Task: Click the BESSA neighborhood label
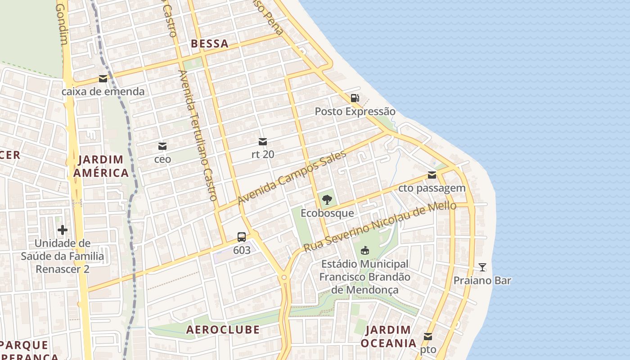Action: click(210, 44)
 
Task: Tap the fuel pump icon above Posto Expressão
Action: click(355, 98)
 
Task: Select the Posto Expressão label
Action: click(355, 111)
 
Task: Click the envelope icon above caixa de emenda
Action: click(103, 79)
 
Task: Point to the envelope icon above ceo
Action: click(162, 146)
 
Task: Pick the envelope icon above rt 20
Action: click(263, 142)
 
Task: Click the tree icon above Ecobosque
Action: click(327, 199)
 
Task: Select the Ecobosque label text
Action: click(327, 213)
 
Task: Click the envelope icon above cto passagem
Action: click(432, 175)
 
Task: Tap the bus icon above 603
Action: click(242, 237)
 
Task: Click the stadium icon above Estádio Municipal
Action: click(365, 250)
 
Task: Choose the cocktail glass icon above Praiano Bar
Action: click(482, 267)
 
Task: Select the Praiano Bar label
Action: click(482, 280)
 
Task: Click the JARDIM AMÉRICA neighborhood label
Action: click(101, 166)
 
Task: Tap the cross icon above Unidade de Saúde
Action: click(63, 230)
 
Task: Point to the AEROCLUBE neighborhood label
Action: click(223, 329)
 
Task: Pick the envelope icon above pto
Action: click(428, 336)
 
